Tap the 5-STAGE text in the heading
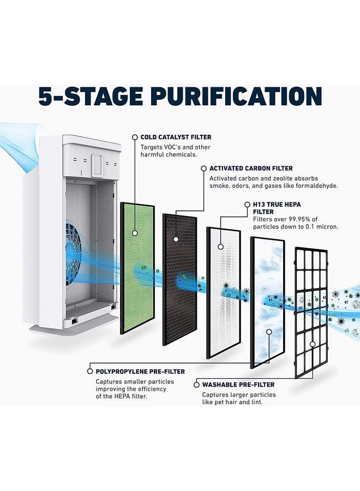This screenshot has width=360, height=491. pyautogui.click(x=91, y=96)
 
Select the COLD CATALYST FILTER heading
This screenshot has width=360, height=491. pyautogui.click(x=176, y=137)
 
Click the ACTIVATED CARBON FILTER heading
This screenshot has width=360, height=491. pyautogui.click(x=251, y=169)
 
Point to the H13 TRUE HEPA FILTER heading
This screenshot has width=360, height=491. pyautogui.click(x=277, y=208)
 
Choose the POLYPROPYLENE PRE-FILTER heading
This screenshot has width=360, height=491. pyautogui.click(x=140, y=372)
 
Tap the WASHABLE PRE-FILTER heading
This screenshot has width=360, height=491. pyautogui.click(x=238, y=385)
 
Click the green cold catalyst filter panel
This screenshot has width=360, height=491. pyautogui.click(x=137, y=268)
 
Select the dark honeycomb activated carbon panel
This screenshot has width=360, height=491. pyautogui.click(x=179, y=280)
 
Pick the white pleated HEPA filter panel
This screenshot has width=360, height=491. pyautogui.click(x=224, y=293)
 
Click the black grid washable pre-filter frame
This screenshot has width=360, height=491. pyautogui.click(x=311, y=313)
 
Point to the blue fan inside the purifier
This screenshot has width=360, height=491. pyautogui.click(x=73, y=254)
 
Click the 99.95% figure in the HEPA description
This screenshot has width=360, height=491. pyautogui.click(x=297, y=219)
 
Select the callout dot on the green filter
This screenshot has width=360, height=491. pyautogui.click(x=135, y=233)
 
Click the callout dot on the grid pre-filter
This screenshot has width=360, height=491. pyautogui.click(x=313, y=344)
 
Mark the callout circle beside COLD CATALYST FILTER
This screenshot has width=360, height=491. pyautogui.click(x=135, y=137)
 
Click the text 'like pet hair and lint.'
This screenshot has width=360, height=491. pyautogui.click(x=232, y=403)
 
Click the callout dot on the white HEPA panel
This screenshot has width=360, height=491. pyautogui.click(x=221, y=247)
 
